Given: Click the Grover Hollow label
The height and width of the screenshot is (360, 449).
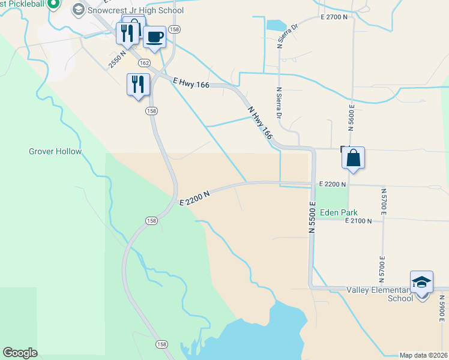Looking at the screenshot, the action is point(55,151).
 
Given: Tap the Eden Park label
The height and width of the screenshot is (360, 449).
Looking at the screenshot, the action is point(339,212).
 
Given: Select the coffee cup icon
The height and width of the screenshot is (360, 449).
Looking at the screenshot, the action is point(154,37).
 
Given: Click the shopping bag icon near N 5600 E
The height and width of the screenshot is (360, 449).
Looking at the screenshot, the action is point(354,158).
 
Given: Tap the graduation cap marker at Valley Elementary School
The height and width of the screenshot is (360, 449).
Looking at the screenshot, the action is point(421,283).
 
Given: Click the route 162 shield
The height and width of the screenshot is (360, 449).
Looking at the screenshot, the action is point(143,62).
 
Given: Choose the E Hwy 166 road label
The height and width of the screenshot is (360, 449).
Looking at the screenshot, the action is point(190,84).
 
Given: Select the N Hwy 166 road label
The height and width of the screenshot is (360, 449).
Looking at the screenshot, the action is point(259,124).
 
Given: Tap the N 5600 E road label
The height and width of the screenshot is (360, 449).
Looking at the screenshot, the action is point(352,116).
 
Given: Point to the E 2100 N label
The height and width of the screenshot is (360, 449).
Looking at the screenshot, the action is point(358,221).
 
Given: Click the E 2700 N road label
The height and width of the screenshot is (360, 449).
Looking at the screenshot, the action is point(334,17).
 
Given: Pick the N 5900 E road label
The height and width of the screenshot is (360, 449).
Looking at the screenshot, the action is point(442,310).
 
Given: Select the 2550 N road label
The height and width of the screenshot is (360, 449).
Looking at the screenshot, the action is point(118,60).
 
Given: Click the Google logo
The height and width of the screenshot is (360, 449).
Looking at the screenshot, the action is point(20,353).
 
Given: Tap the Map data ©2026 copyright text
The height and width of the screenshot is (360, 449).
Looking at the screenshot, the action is point(423,355).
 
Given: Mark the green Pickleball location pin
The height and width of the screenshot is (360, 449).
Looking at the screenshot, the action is point(53,4).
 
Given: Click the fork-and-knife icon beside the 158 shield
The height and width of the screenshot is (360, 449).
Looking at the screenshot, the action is point(138,85).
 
